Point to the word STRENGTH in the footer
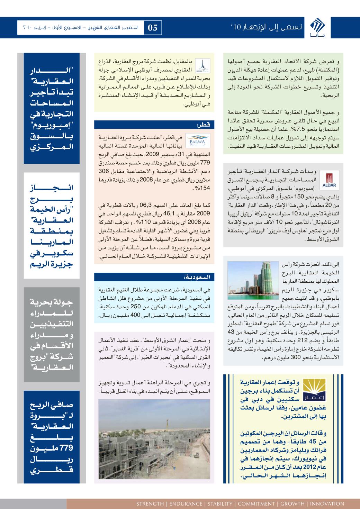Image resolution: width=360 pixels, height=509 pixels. click(x=150, y=503)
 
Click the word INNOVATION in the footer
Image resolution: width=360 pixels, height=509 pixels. click(x=327, y=503)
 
